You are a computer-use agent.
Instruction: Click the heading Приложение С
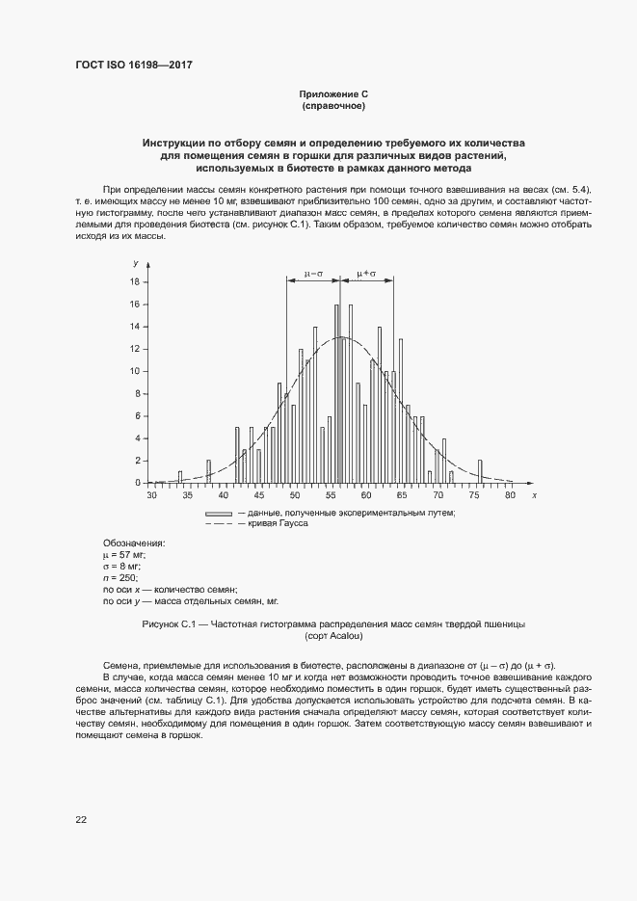pos(334,94)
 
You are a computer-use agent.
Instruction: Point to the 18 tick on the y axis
pos(136,282)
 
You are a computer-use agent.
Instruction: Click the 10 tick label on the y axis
pos(136,371)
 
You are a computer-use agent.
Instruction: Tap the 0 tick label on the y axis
pos(138,483)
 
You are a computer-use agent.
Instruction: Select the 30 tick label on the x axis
pos(151,494)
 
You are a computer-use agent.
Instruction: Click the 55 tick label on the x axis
pos(331,494)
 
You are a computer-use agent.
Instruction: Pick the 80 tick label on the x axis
pos(510,494)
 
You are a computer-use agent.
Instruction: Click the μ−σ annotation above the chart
pos(313,274)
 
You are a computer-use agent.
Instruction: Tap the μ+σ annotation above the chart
pos(366,274)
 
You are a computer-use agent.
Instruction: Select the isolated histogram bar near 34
pos(180,477)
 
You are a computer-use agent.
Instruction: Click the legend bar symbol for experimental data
pos(219,514)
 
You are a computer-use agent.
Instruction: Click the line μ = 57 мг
pos(125,555)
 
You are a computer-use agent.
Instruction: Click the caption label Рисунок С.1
pos(170,624)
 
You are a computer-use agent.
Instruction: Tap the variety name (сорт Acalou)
pos(333,636)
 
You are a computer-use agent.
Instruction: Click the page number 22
pos(81,819)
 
